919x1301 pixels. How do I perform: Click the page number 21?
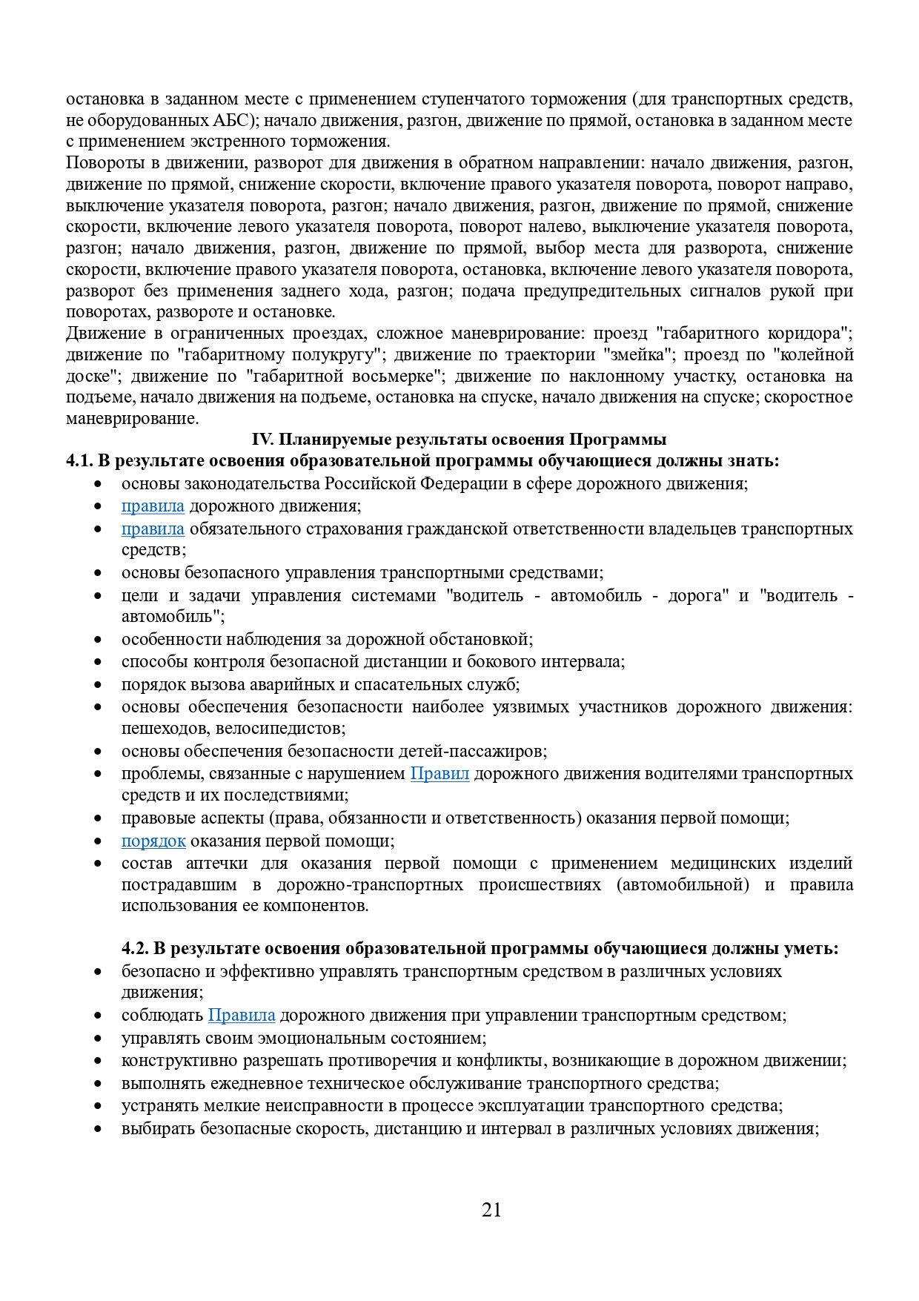pos(491,1210)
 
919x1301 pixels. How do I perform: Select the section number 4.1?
pos(79,461)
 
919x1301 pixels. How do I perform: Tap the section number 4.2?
pos(135,948)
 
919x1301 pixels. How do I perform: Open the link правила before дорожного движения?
pos(153,506)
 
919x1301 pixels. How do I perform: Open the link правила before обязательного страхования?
pos(153,529)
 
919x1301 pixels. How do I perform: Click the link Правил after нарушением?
pos(439,774)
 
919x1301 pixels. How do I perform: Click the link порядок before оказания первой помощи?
pos(153,841)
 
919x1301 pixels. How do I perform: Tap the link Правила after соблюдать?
pos(242,1016)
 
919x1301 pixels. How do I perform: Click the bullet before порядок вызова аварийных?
pos(97,685)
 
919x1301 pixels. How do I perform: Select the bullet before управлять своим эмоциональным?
pos(97,1039)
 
